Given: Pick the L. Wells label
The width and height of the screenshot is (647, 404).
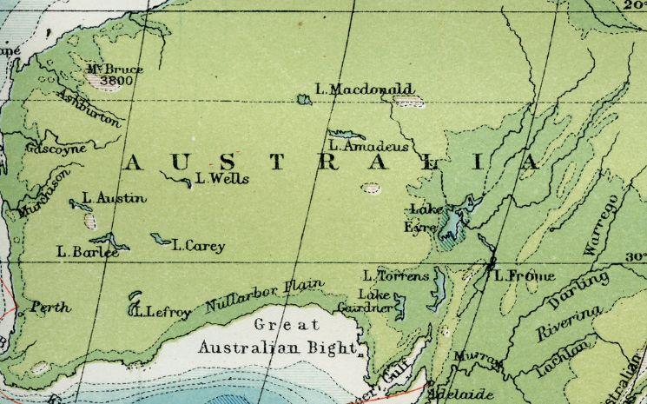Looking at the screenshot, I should pyautogui.click(x=222, y=180).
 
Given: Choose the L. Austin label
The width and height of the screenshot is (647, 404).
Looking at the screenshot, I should pyautogui.click(x=114, y=199).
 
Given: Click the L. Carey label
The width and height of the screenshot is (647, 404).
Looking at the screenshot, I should pyautogui.click(x=199, y=246).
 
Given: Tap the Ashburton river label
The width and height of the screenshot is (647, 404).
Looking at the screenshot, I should pyautogui.click(x=91, y=107).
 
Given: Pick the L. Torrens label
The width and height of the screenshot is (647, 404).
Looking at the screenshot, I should pyautogui.click(x=397, y=275).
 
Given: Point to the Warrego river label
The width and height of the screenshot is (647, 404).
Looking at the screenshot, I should pyautogui.click(x=599, y=226).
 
